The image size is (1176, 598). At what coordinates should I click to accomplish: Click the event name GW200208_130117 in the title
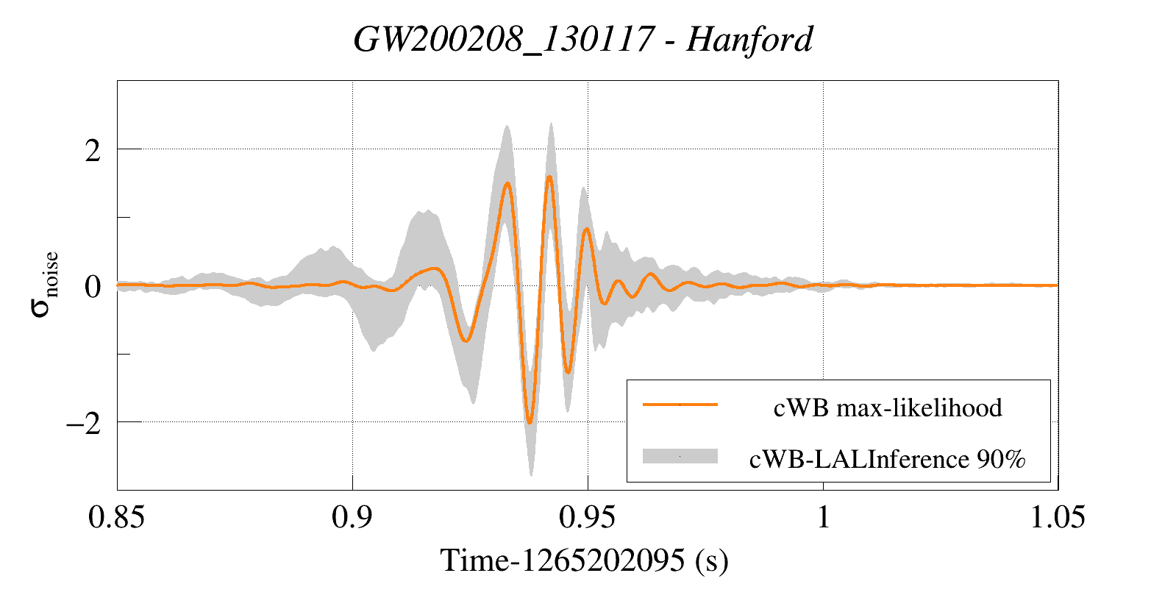click(x=504, y=39)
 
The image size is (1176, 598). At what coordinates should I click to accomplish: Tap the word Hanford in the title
click(x=749, y=39)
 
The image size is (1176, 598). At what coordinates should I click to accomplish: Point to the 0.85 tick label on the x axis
click(x=116, y=518)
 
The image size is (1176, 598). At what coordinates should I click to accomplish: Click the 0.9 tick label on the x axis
click(x=352, y=518)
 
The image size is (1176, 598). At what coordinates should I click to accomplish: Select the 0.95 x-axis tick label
click(x=587, y=518)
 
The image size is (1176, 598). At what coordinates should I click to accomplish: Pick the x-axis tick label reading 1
click(x=823, y=518)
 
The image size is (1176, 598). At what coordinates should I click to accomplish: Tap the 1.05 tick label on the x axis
click(x=1057, y=518)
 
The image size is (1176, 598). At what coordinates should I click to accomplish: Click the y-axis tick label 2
click(x=92, y=151)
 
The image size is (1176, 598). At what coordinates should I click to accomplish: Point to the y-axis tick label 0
click(x=92, y=287)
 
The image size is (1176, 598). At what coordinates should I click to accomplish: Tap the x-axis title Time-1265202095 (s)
click(x=585, y=561)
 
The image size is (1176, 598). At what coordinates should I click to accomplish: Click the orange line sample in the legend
click(x=680, y=405)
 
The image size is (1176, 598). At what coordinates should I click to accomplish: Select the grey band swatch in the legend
click(x=680, y=456)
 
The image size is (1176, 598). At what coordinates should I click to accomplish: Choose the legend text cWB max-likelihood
click(x=888, y=407)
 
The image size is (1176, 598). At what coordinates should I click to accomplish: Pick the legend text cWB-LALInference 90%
click(x=887, y=459)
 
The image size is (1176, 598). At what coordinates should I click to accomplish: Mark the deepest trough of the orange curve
click(x=530, y=423)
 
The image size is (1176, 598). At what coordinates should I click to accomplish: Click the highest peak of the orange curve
click(x=549, y=177)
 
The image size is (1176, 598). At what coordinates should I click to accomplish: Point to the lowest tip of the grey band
click(x=531, y=475)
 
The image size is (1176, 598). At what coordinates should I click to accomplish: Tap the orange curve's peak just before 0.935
click(x=507, y=183)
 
